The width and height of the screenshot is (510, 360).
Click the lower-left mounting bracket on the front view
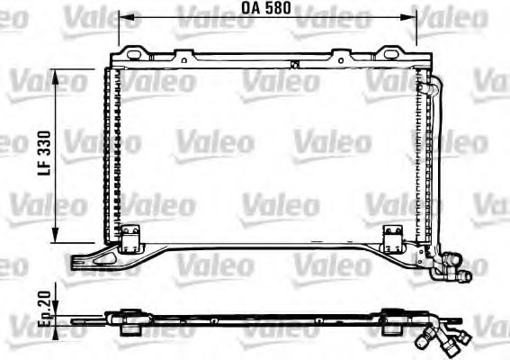[x=131, y=236]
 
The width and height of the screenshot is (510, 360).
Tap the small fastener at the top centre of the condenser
[x=294, y=64]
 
